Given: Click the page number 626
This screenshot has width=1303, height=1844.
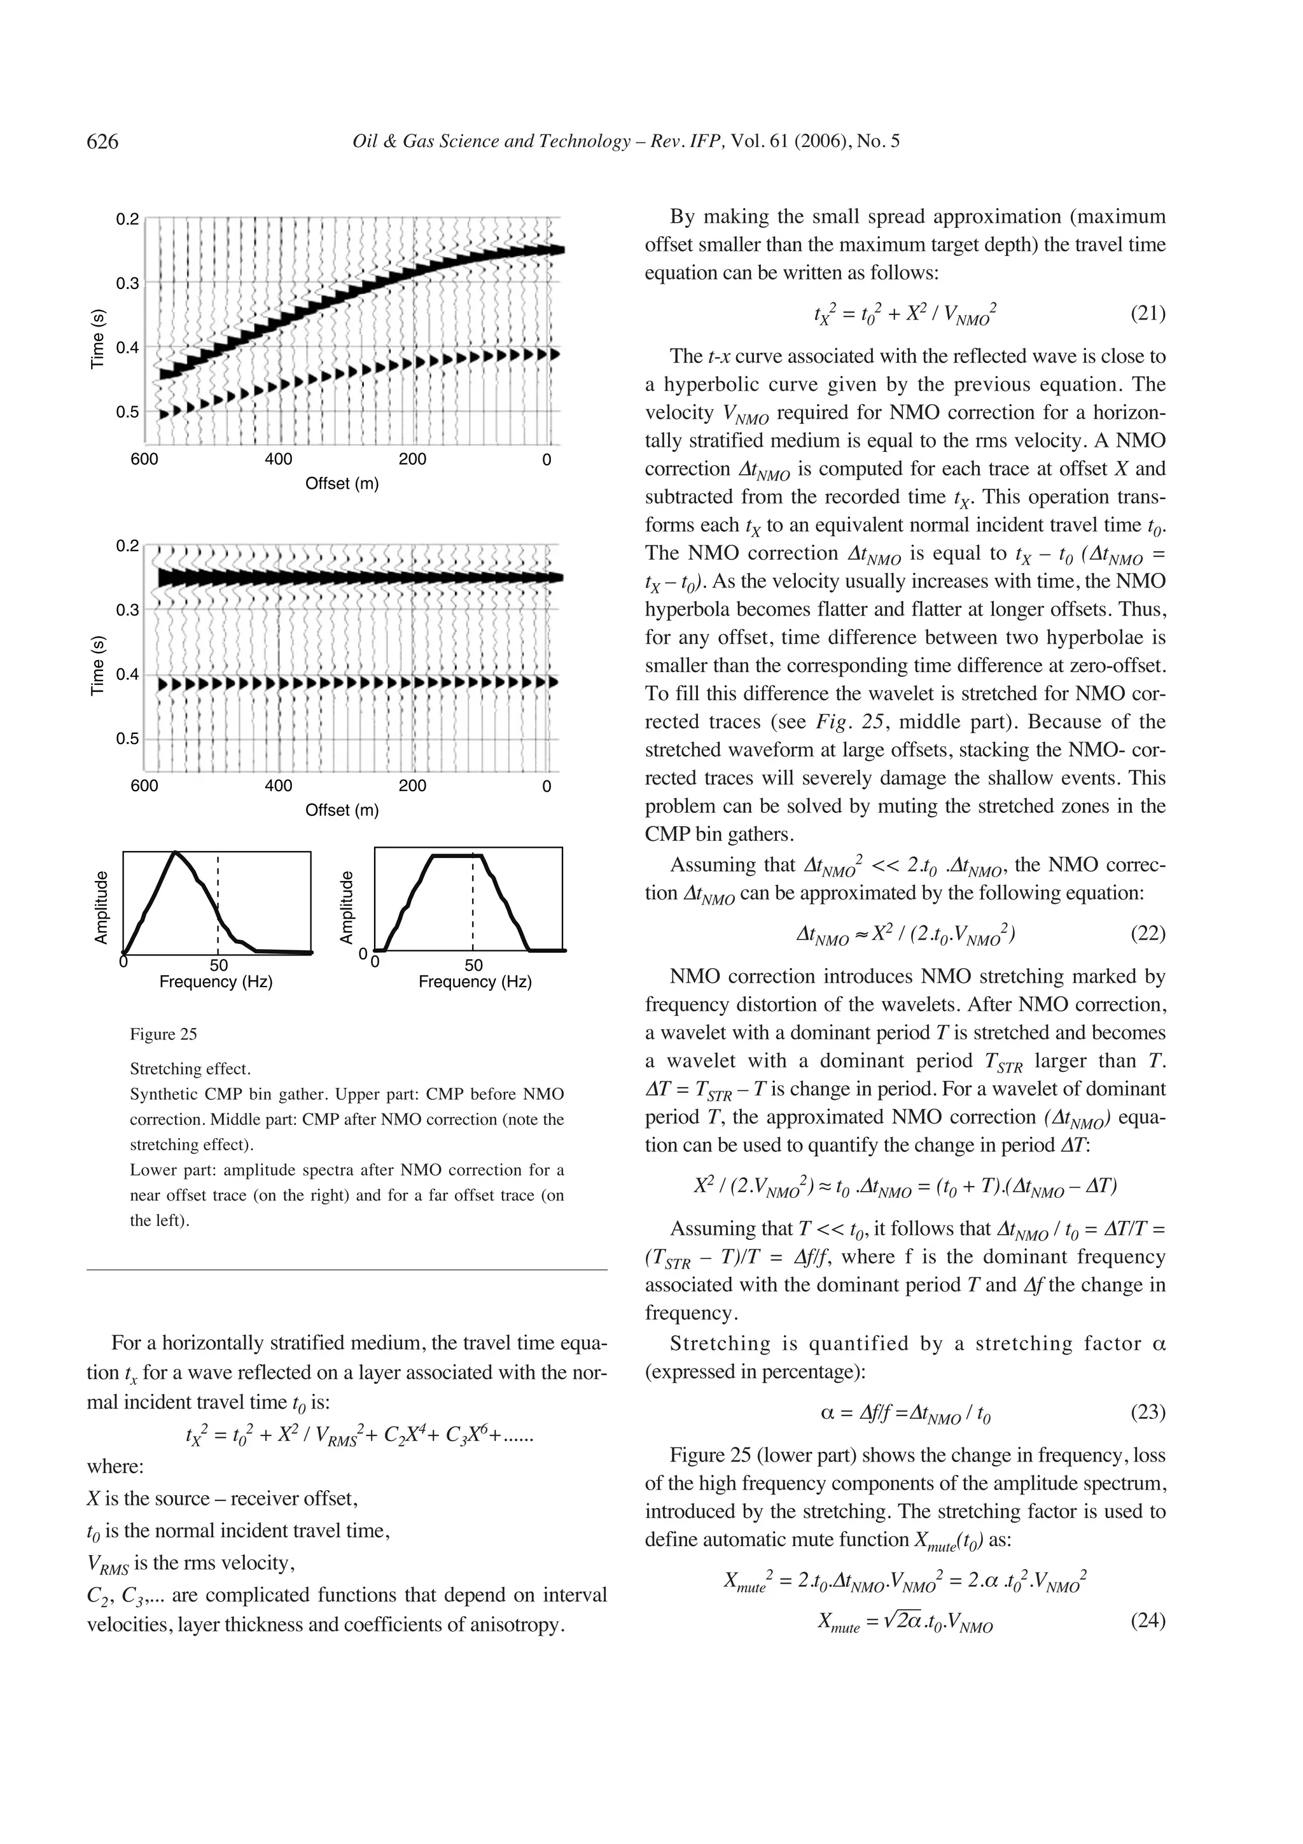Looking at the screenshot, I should point(102,142).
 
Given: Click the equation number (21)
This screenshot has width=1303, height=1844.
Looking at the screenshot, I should point(1147,313).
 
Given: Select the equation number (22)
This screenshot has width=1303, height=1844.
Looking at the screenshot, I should point(1147,933).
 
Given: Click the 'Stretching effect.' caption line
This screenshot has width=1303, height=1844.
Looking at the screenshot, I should point(190,1069).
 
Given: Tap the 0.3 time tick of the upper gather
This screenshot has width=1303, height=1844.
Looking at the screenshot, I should point(127,283).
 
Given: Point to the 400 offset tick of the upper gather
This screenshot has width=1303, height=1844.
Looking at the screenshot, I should point(279,460).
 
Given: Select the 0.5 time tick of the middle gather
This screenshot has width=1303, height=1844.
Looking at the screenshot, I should point(127,738).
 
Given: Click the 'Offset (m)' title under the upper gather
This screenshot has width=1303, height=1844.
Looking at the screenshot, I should point(341,484).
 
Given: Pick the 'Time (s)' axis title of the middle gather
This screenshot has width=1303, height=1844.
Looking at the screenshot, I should point(98,665).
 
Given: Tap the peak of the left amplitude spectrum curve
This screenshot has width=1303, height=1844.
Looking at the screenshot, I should point(175,852).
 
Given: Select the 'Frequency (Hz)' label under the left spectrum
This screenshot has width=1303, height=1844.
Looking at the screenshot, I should point(216,982).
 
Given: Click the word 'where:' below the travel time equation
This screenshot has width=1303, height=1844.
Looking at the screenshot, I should point(115,1467).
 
